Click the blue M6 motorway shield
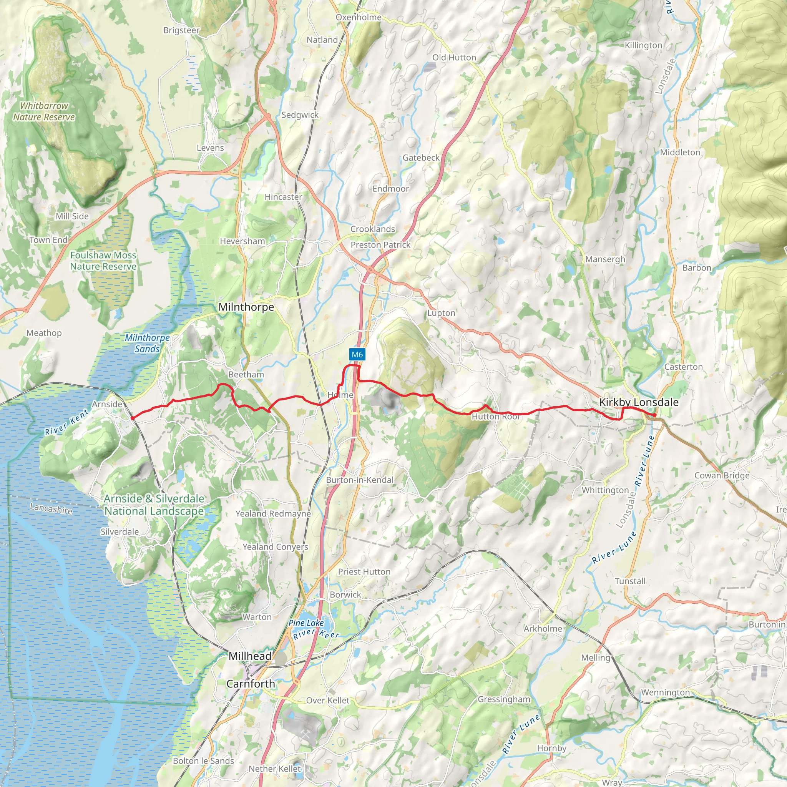pos(357,354)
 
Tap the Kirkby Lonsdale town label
pos(638,402)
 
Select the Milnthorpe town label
pos(246,307)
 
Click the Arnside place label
pos(107,404)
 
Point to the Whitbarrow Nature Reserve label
pos(44,111)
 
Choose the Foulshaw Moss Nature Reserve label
pos(103,261)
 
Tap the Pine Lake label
pos(306,623)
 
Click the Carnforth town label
pos(251,684)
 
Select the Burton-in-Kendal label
pos(360,480)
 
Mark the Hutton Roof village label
pos(496,416)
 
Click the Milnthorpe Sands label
pos(147,343)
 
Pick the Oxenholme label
pos(359,17)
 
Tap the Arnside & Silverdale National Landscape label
pos(154,505)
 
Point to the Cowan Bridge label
pos(722,475)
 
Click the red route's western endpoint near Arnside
pos(133,418)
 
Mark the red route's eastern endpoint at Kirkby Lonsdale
pos(654,415)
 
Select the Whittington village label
pos(605,490)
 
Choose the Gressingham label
pos(504,699)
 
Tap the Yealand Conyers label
pos(276,547)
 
